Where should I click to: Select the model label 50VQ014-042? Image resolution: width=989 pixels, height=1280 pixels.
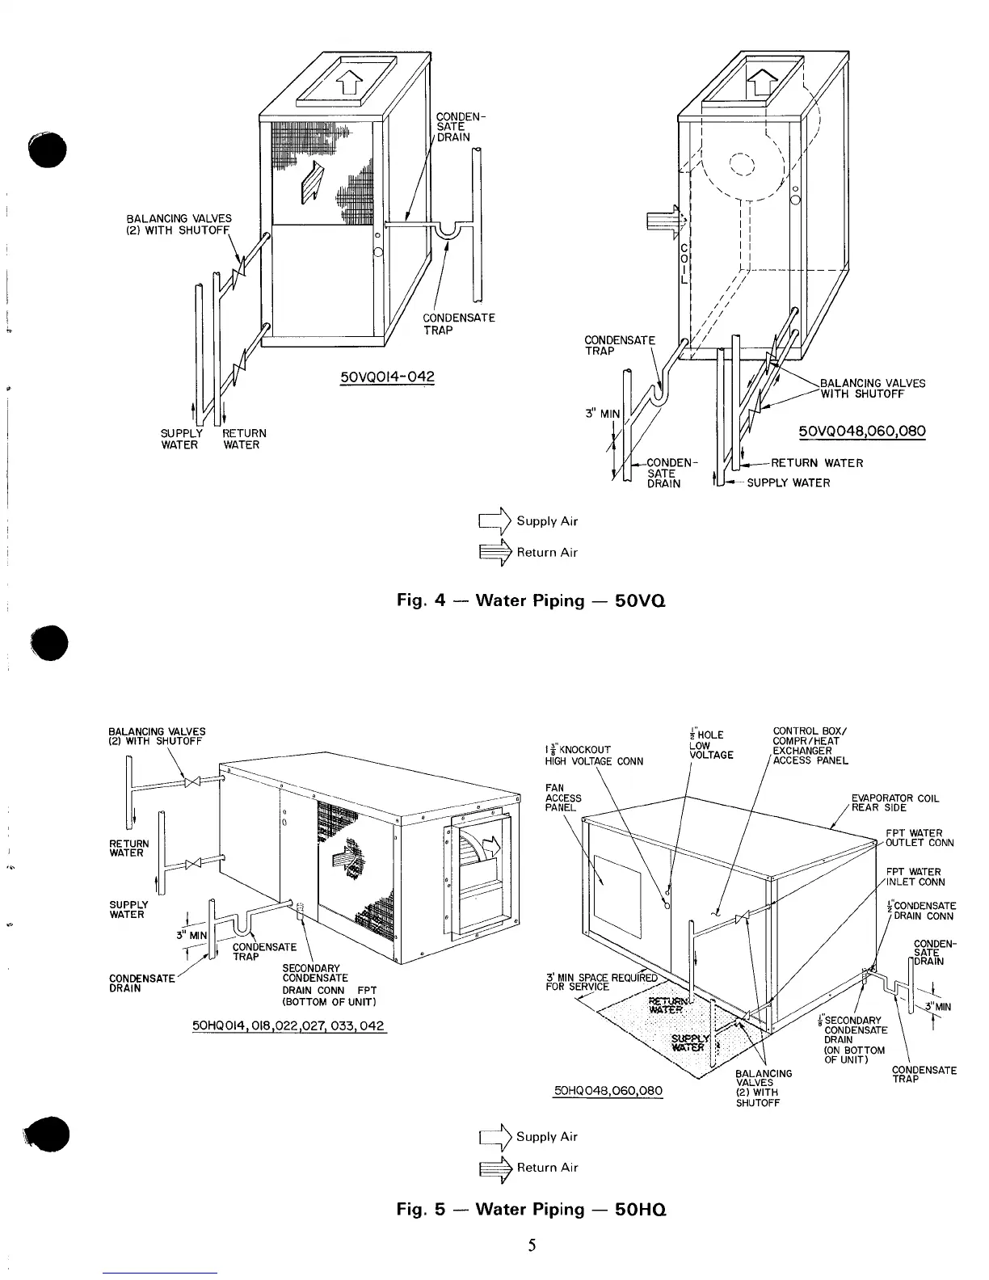tap(388, 377)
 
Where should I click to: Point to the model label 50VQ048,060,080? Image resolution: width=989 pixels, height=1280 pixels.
tap(861, 432)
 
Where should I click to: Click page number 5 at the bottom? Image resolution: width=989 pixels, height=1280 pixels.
tap(532, 1245)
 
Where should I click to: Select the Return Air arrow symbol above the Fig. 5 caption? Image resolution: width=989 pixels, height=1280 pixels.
tap(495, 1167)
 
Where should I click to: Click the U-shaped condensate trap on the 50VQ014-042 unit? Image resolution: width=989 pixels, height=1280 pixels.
tap(444, 233)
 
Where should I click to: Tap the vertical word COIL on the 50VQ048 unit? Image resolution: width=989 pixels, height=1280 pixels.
tap(684, 263)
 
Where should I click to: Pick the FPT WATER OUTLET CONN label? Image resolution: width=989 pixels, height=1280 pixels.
tap(919, 838)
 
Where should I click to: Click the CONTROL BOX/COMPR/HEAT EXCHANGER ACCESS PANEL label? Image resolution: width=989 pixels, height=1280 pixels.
tap(810, 747)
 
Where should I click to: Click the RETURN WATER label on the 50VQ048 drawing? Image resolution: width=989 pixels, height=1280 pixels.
tap(817, 463)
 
